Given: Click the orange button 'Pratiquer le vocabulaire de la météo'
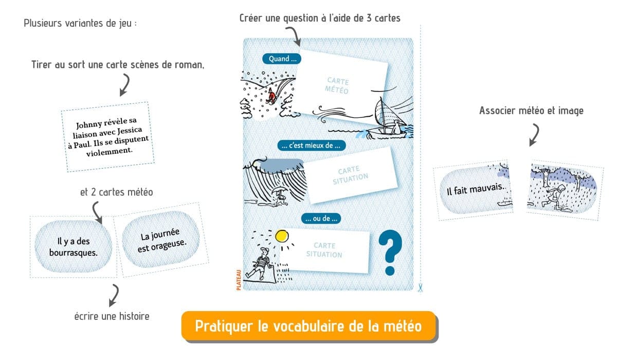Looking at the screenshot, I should coord(308,326).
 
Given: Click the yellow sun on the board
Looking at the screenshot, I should coord(282,236).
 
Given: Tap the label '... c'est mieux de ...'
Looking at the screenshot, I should coord(311,146).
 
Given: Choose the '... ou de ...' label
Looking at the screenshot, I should coord(321,219).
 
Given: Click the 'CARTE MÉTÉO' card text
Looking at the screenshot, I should coord(337,86).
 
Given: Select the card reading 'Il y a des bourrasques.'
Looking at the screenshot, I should coord(73,246).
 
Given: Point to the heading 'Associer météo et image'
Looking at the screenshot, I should coord(531,111).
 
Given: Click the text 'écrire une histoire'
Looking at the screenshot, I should coord(112,316).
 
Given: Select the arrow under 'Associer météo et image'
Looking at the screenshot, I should coord(534,135).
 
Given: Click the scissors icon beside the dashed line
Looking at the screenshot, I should coord(420,287).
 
